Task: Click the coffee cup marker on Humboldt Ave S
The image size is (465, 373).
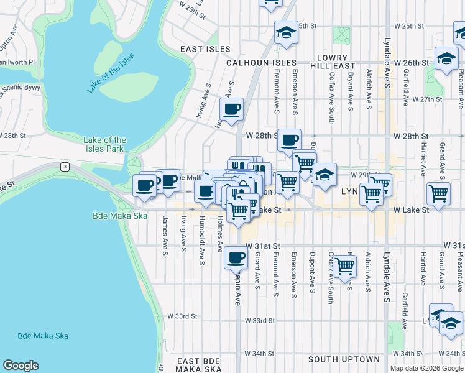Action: tap(232, 109)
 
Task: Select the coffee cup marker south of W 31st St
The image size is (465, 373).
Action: tap(235, 256)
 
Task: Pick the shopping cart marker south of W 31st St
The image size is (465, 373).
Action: tap(344, 266)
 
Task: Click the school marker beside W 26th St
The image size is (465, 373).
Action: tap(446, 59)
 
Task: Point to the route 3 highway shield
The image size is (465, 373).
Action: tap(64, 167)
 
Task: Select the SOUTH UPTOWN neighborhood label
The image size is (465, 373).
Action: tap(343, 359)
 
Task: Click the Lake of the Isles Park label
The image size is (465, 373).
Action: tap(105, 144)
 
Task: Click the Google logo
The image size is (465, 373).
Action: tap(21, 366)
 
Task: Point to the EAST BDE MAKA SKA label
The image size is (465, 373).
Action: tap(199, 365)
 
